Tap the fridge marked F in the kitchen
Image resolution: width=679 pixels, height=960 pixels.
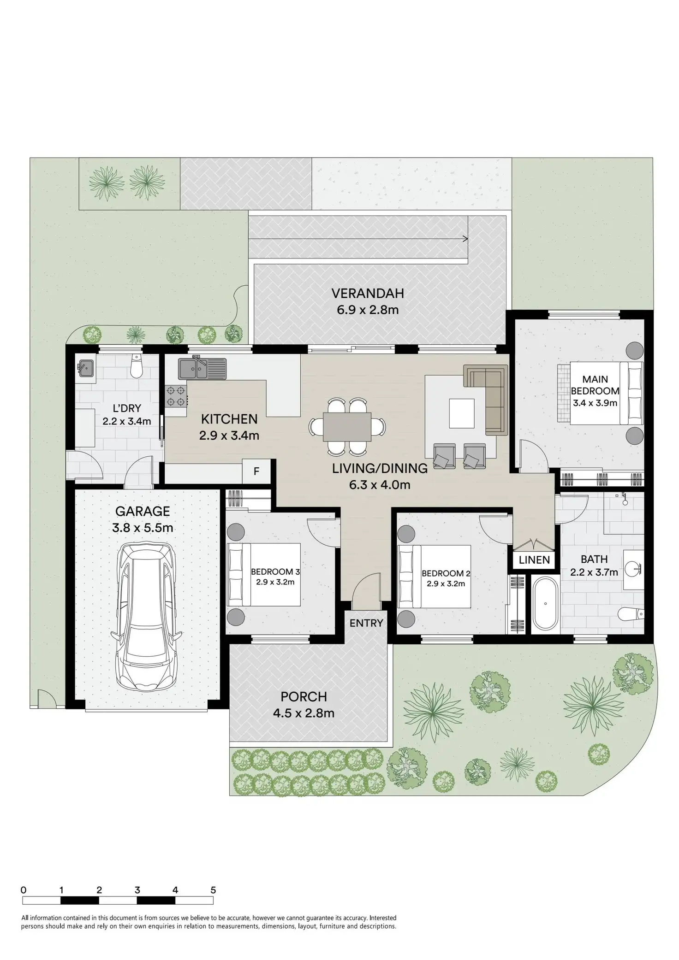click(256, 471)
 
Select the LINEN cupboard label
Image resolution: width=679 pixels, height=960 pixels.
click(534, 560)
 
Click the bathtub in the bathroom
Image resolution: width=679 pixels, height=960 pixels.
click(545, 603)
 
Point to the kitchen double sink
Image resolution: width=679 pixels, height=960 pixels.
click(202, 369)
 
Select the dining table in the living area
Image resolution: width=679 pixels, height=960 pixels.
click(347, 427)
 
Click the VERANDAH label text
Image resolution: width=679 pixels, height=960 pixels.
click(368, 293)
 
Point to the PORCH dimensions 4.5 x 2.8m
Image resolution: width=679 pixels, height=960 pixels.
click(304, 713)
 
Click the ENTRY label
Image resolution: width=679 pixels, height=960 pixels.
click(366, 623)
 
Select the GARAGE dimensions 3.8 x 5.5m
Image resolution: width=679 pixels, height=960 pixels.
click(143, 528)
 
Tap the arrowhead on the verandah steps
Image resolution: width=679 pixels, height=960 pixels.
click(465, 239)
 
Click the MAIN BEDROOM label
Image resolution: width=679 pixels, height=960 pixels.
click(595, 385)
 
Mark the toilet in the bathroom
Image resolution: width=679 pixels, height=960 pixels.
click(631, 613)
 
